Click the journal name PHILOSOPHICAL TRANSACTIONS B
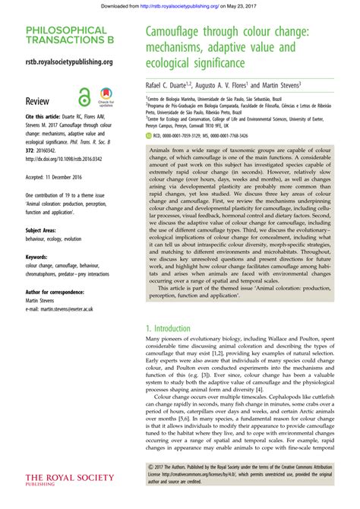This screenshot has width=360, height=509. click(x=68, y=36)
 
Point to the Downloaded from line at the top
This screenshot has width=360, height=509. click(x=180, y=6)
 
